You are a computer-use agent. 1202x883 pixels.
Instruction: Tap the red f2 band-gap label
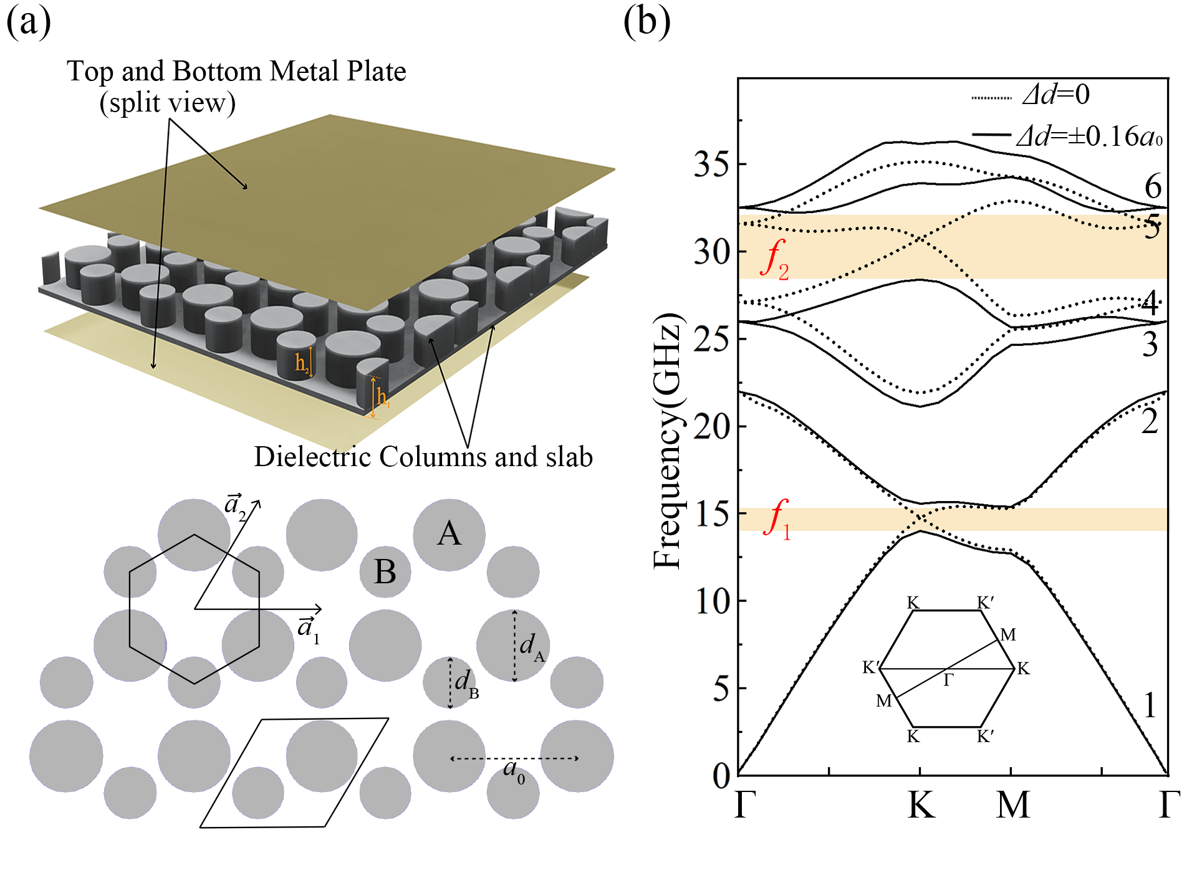[775, 259]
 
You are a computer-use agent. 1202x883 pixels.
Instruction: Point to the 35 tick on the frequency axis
[711, 165]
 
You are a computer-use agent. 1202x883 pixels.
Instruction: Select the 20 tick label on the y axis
[711, 427]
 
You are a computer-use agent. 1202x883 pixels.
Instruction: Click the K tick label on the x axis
[921, 805]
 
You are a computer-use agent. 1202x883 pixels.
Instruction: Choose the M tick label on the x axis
[1012, 805]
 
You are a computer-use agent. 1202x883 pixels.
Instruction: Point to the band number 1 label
[1150, 706]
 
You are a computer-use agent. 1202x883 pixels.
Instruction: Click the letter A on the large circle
[449, 534]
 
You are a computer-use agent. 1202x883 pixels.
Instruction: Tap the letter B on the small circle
[385, 572]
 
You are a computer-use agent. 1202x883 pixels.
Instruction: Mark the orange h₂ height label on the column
[302, 363]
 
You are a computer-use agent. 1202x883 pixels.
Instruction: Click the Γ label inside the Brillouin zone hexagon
[948, 680]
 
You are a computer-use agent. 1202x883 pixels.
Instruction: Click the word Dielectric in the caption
[312, 457]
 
